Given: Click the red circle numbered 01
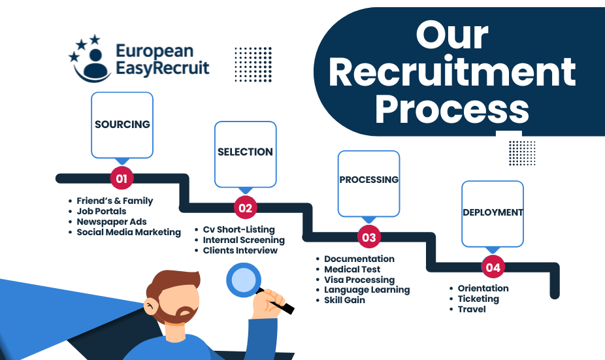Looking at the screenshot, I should point(122,178).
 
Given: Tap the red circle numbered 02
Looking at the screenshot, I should point(245,208).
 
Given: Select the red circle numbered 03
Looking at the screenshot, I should point(368,237).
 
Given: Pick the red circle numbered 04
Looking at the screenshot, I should point(493,267).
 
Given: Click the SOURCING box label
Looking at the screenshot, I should point(122,124).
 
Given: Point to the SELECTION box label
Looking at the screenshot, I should point(245,152).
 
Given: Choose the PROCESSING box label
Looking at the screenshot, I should point(368,180).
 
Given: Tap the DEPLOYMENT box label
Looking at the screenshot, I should point(493,212).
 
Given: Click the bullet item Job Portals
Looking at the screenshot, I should point(101,211).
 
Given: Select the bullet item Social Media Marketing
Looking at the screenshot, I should point(128,232).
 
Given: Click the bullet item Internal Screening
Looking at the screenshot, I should point(244,240).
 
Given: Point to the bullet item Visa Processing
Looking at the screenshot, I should point(359,280).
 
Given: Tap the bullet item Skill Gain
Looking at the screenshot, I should point(344,300).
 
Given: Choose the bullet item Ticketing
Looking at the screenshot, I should point(478,299).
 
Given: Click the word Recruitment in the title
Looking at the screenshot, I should point(452,73).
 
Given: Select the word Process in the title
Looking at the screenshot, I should point(451,110).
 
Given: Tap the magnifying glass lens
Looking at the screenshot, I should point(243,279).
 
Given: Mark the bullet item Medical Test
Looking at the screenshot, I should point(352,269).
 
